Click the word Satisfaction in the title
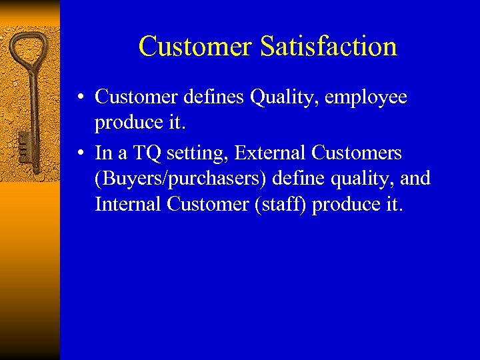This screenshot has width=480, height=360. (x=329, y=47)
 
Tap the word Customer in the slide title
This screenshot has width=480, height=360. (x=195, y=47)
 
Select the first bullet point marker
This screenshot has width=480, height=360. (x=79, y=98)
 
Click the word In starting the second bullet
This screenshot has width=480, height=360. (x=103, y=153)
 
